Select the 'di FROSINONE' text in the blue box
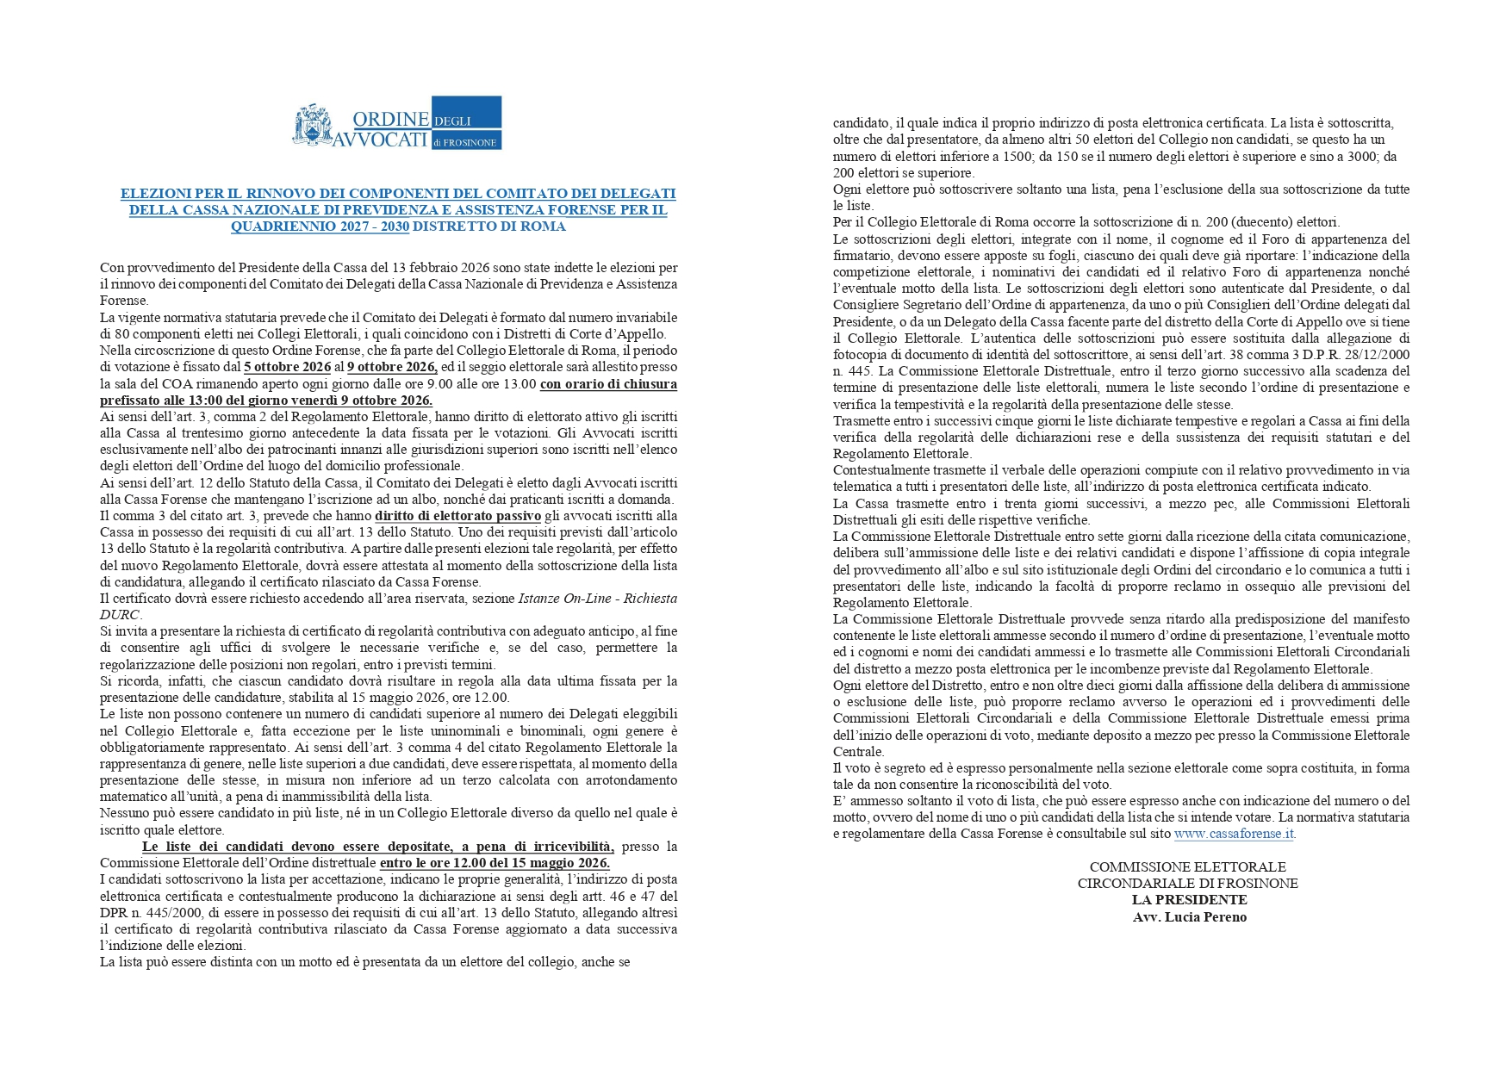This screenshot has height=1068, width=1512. (466, 141)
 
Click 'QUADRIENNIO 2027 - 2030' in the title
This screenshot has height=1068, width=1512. (320, 227)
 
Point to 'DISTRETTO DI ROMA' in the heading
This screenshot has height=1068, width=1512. (489, 227)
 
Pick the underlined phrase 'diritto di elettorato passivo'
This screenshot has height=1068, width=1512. (457, 516)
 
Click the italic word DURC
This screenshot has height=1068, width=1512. (120, 615)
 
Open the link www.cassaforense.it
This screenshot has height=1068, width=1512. (1233, 834)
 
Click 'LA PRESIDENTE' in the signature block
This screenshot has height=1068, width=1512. (1189, 900)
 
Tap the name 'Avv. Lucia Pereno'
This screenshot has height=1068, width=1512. (1189, 917)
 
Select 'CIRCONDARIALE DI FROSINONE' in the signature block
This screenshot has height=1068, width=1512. (1187, 884)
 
